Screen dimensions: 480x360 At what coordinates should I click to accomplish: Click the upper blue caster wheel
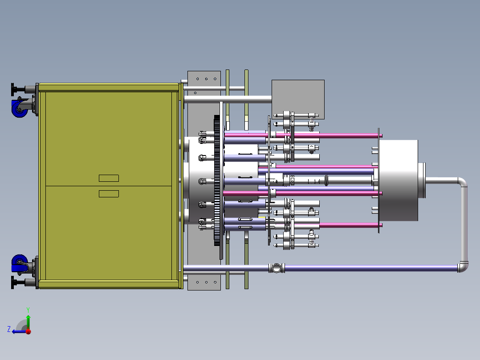coord(19,108)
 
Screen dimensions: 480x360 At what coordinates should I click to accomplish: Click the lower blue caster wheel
coord(19,264)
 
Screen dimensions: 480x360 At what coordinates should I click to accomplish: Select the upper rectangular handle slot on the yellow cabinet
coord(109,178)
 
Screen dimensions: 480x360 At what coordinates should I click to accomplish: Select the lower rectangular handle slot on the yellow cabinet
coord(109,194)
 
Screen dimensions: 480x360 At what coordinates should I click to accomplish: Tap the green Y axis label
coord(28,310)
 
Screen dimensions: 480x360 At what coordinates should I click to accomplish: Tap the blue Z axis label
coord(9,329)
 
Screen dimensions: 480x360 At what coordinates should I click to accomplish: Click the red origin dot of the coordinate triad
coord(28,331)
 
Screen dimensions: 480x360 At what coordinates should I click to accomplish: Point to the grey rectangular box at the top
coord(298,99)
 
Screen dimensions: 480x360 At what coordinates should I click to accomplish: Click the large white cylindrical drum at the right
coord(398,180)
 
